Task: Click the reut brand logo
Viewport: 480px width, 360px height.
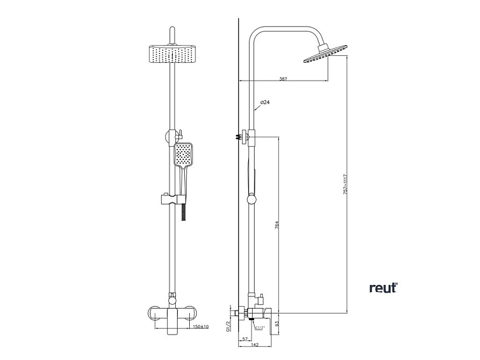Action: (x=383, y=288)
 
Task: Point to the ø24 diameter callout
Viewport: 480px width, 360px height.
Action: (x=265, y=103)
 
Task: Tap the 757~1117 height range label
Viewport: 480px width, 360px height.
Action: (x=345, y=184)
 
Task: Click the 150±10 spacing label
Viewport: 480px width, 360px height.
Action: (x=199, y=326)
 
